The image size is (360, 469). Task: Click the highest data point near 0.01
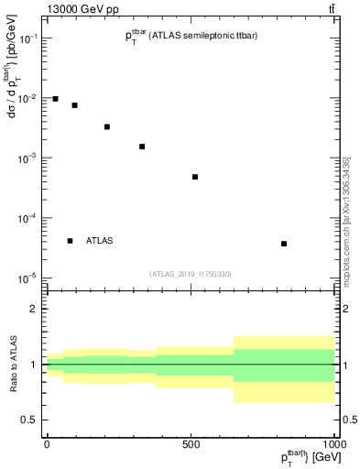coord(56,99)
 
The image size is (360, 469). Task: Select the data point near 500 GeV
coord(195,177)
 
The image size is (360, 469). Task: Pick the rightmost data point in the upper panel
coord(284,244)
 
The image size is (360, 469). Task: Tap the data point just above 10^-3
coord(142,147)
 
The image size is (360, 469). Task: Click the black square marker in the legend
coord(71,241)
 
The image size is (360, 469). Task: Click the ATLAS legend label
coord(100,241)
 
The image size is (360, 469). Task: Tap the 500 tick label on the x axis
coord(191,444)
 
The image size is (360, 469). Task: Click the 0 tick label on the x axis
coord(47,444)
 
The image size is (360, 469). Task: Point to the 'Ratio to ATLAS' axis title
coord(12,365)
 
